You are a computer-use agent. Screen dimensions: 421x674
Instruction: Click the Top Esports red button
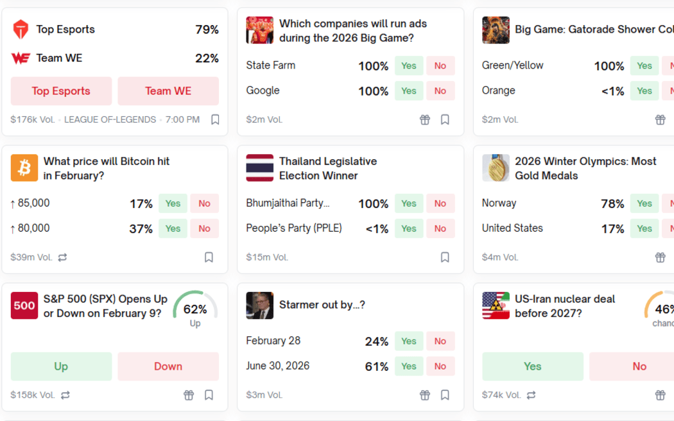(61, 91)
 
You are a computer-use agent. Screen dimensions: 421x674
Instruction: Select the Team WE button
(168, 91)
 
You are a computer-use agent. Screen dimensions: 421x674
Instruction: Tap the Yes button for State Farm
(409, 65)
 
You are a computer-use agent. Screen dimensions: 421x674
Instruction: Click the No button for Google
(440, 90)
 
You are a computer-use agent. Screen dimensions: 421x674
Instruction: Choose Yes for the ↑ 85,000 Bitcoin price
(173, 203)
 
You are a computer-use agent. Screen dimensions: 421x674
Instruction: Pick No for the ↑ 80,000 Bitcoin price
(204, 228)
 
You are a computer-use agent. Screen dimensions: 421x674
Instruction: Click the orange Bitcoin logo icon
(24, 168)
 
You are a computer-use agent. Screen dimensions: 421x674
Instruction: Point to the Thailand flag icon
(259, 168)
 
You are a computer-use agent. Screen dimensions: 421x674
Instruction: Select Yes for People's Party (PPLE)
(409, 228)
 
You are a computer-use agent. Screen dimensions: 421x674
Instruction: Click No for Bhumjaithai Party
(440, 203)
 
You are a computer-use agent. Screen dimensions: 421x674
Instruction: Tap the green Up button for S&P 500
(61, 366)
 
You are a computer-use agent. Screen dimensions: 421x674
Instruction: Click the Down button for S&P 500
(168, 366)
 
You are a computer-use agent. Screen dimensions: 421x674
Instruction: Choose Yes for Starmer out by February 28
(409, 341)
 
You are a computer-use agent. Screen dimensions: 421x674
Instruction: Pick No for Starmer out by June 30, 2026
(440, 366)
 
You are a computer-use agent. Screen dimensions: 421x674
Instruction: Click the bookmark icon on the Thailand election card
(445, 257)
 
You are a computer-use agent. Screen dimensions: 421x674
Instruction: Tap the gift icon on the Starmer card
(424, 395)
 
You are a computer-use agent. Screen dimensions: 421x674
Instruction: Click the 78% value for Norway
(612, 204)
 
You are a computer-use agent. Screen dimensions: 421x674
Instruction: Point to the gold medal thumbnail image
(496, 168)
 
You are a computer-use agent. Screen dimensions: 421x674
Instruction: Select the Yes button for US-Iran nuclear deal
(532, 366)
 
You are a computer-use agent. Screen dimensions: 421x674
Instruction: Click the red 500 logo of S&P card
(24, 305)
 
